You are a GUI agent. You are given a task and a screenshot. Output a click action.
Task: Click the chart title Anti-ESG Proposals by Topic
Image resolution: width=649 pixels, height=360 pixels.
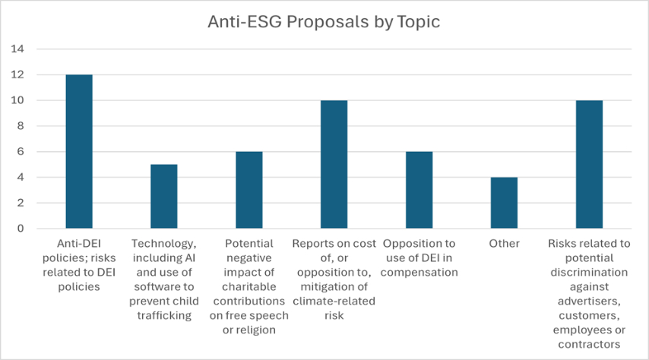tap(324, 22)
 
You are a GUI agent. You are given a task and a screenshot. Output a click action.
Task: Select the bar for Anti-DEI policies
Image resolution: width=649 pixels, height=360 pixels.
tap(79, 151)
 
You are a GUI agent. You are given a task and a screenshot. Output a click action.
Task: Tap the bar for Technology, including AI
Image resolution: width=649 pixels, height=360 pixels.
tap(164, 196)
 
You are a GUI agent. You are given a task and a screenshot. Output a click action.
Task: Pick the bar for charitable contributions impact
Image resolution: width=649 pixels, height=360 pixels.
tap(249, 190)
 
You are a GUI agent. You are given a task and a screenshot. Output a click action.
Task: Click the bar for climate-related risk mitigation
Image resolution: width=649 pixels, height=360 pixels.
tap(334, 164)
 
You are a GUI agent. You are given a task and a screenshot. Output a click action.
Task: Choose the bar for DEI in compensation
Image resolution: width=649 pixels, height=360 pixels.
tap(419, 190)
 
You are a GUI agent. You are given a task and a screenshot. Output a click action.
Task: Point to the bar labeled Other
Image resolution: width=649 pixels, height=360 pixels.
tap(505, 203)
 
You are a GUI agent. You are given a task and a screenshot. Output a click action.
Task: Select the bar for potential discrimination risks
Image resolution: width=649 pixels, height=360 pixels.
tap(590, 164)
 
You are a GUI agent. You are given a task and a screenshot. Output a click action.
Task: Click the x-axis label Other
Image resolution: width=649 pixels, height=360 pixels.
tap(505, 244)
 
